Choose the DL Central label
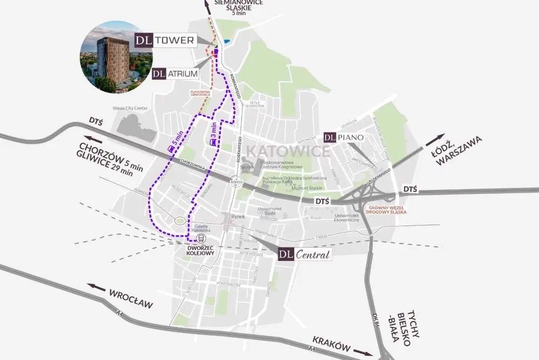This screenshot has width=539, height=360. tap(305, 254)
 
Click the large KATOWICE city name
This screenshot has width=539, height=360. tap(288, 150)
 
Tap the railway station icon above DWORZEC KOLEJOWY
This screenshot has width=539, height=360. tap(201, 238)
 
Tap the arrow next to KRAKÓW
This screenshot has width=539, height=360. tap(363, 353)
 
